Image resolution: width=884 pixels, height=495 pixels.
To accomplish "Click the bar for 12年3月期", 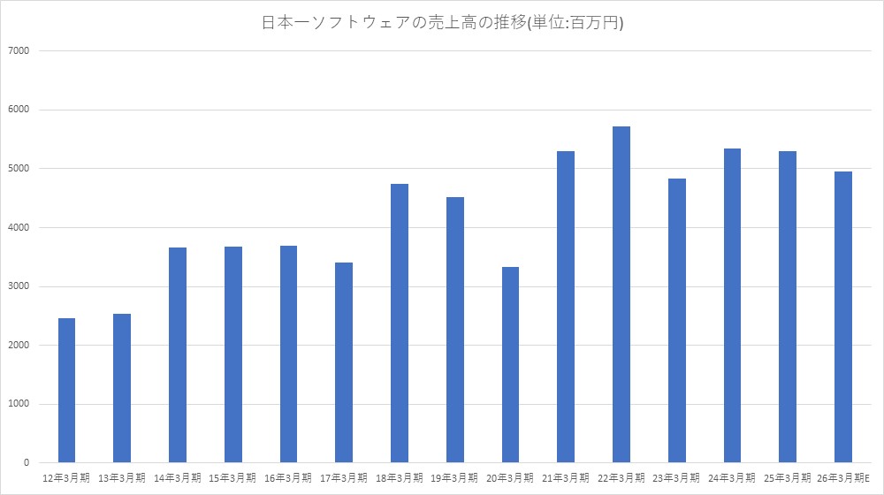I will (x=66, y=390).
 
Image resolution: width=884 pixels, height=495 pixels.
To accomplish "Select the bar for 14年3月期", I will (x=178, y=354).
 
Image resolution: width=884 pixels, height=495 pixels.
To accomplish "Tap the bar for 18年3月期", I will (x=400, y=323).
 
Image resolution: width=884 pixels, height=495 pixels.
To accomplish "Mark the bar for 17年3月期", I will (x=344, y=362).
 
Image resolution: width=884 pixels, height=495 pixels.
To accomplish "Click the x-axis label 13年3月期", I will (x=122, y=477).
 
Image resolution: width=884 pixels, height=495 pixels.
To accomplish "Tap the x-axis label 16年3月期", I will (x=288, y=477).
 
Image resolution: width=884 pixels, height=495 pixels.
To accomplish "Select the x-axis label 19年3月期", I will (x=455, y=477).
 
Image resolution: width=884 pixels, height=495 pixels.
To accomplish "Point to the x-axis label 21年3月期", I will (x=566, y=477).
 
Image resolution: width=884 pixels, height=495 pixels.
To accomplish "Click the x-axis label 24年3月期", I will (x=732, y=477).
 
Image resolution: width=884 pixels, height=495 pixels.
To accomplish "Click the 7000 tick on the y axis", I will (x=19, y=50).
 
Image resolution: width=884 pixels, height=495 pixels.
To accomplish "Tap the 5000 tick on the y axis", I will (x=19, y=169).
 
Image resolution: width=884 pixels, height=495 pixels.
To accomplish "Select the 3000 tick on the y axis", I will (x=19, y=286).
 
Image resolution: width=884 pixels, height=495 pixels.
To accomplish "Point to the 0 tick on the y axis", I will (x=27, y=463).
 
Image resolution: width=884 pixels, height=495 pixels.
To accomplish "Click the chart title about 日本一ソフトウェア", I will (x=442, y=24).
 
